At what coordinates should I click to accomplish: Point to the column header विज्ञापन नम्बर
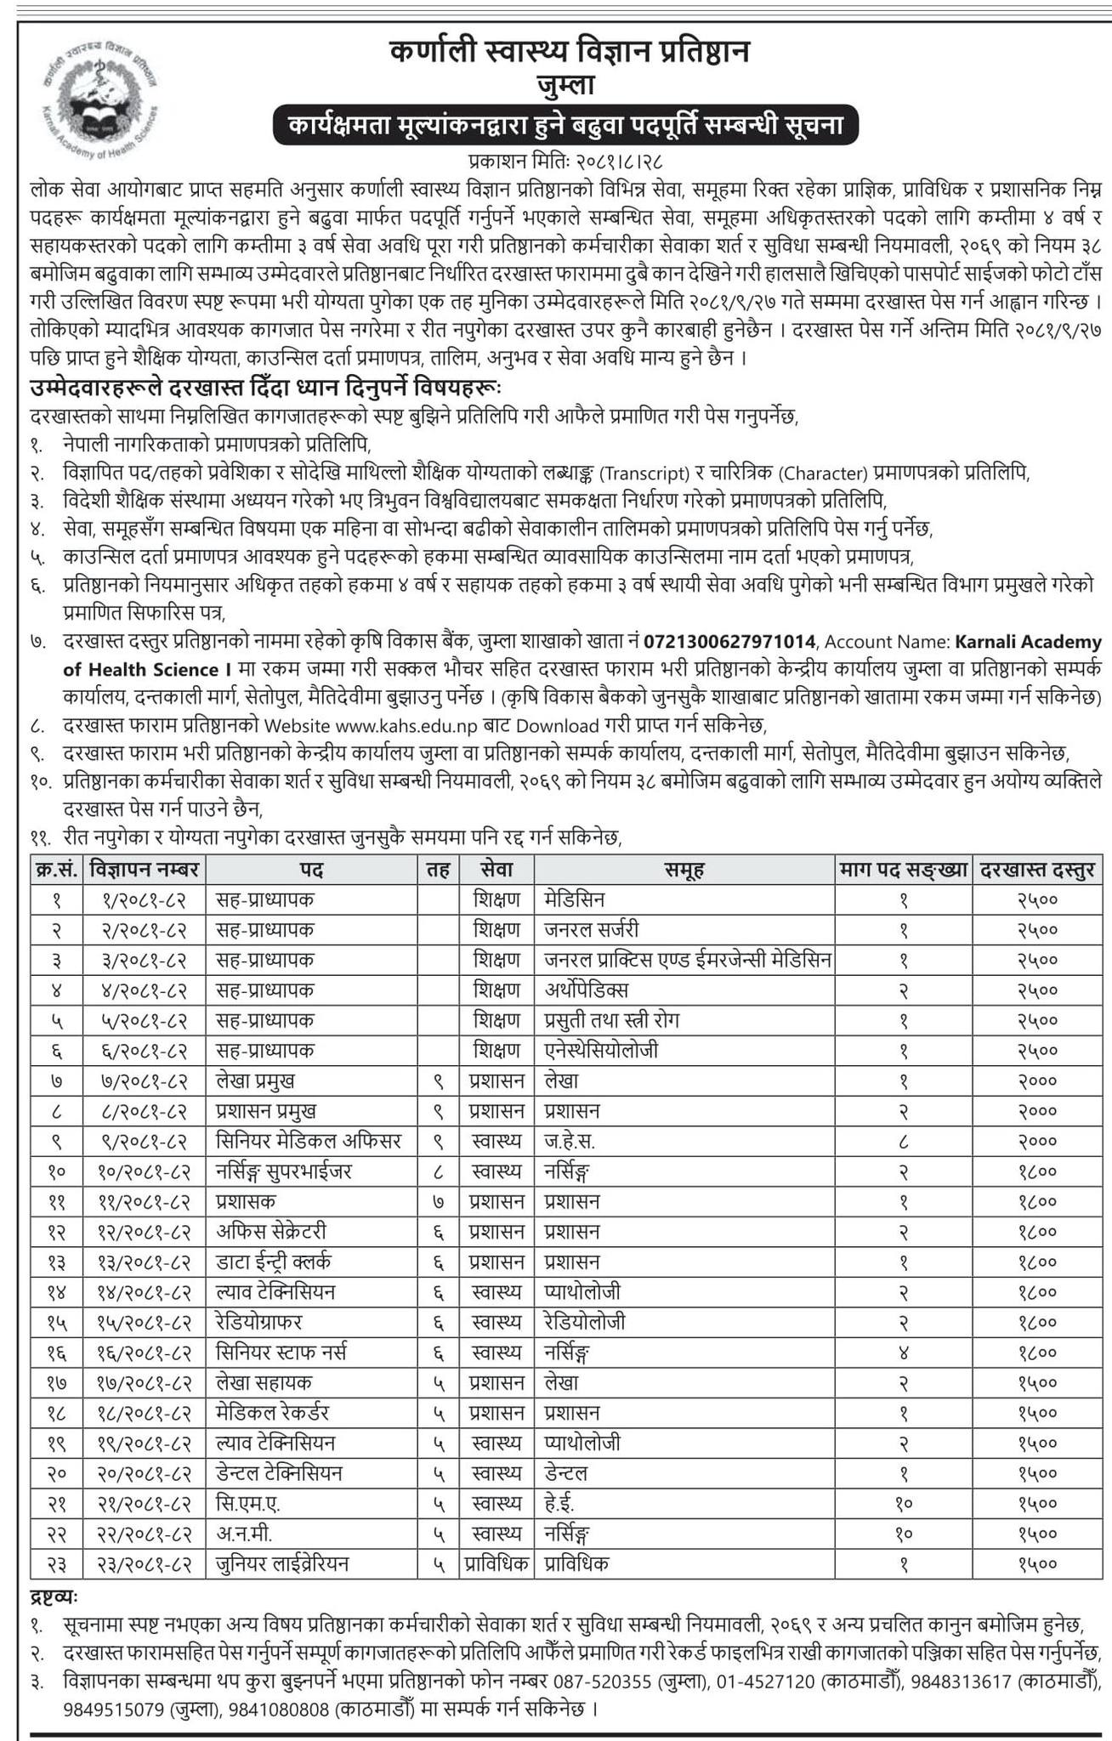pyautogui.click(x=144, y=870)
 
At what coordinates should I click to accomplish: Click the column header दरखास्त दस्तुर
pyautogui.click(x=1037, y=870)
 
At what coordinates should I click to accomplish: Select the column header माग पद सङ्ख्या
pyautogui.click(x=904, y=870)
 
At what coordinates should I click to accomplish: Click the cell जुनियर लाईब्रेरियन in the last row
pyautogui.click(x=283, y=1563)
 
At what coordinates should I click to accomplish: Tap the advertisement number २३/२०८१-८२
pyautogui.click(x=144, y=1563)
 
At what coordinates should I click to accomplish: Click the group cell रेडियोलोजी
pyautogui.click(x=586, y=1323)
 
